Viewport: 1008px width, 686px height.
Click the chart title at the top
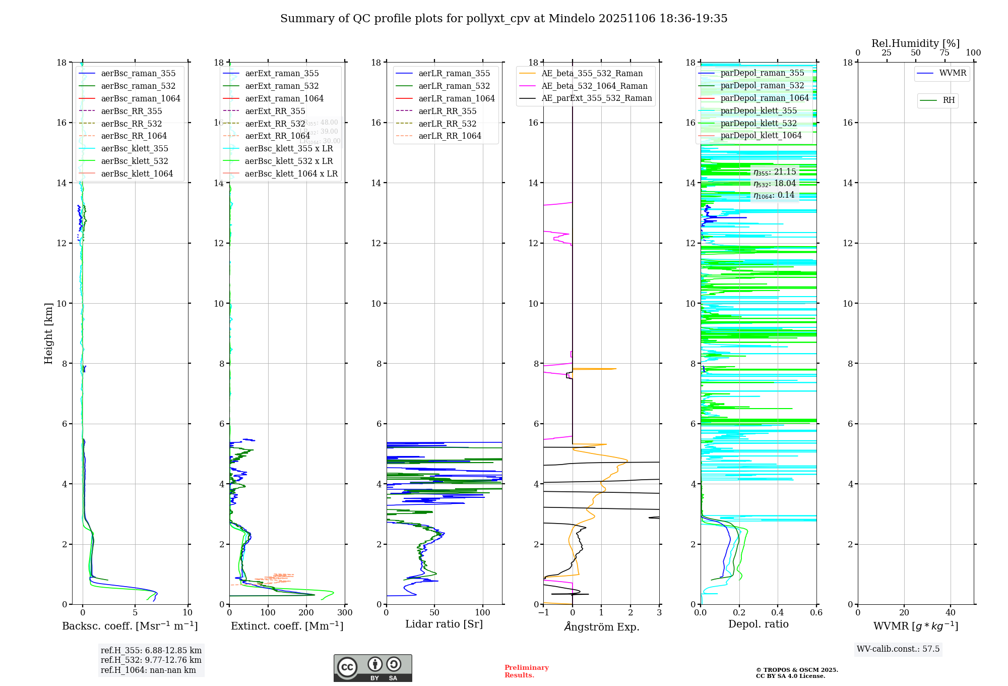point(503,19)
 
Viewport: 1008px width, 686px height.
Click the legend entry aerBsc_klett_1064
point(137,174)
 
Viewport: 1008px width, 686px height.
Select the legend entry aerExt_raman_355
point(282,74)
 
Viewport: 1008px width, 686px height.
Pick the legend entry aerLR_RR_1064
point(450,136)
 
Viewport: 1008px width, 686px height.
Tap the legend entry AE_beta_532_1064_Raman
point(594,86)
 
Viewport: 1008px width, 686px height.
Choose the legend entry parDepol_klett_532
point(759,123)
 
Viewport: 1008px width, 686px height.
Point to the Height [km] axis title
point(48,333)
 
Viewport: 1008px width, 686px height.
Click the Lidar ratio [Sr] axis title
point(444,624)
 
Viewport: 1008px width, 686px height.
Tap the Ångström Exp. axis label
point(601,626)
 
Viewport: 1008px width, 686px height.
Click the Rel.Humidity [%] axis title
point(915,43)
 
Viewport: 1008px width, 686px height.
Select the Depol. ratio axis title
point(758,624)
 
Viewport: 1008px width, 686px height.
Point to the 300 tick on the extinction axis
point(345,613)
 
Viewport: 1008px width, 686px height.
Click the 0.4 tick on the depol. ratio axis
point(778,613)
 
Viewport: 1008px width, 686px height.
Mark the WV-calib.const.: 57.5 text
point(898,649)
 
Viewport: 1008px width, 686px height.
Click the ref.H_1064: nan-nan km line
point(148,670)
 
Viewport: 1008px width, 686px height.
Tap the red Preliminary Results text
point(526,671)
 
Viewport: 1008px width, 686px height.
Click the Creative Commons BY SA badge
point(372,668)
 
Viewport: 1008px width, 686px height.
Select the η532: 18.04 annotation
point(775,184)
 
